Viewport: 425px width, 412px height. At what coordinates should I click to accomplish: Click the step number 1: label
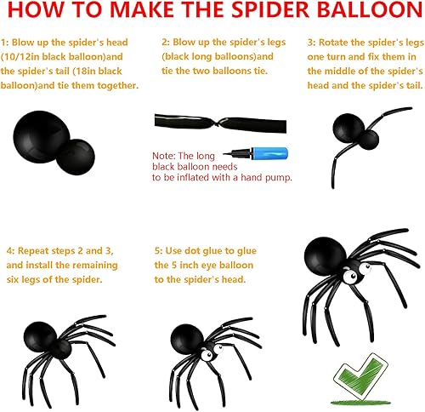(7, 42)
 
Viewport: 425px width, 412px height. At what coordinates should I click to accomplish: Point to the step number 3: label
(311, 42)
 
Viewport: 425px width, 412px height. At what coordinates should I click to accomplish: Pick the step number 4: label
(9, 251)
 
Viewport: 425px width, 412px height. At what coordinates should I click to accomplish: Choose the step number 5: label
(159, 251)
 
